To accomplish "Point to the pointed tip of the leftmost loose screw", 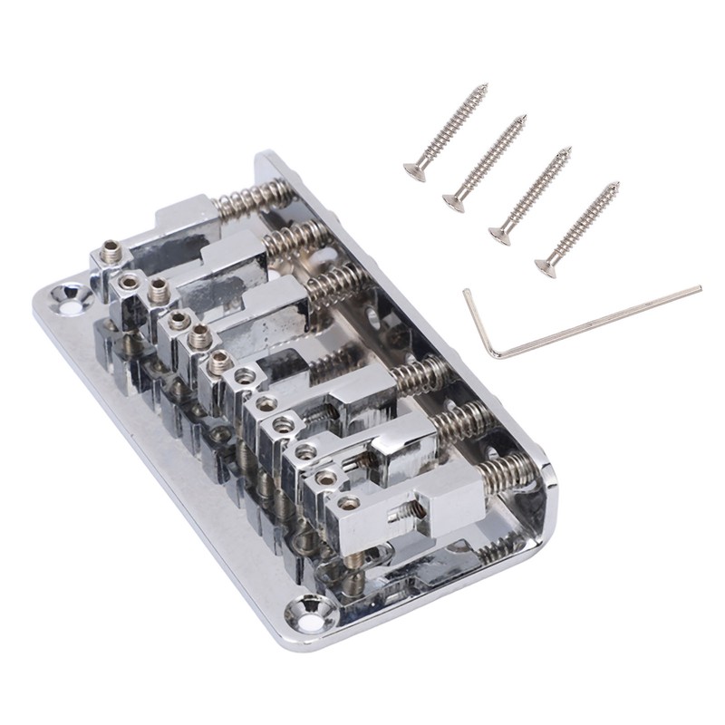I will click(486, 86).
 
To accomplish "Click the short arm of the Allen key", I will click(478, 323).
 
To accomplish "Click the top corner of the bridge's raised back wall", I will click(267, 159).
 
